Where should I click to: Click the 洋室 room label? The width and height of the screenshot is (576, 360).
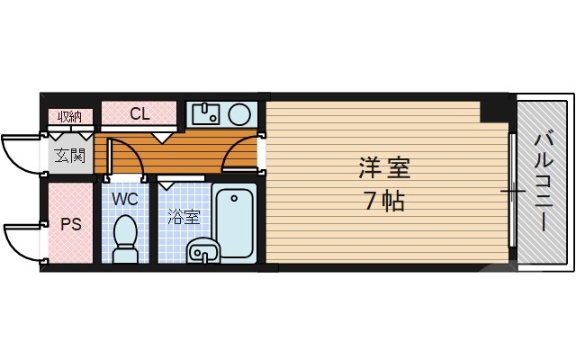click(x=384, y=167)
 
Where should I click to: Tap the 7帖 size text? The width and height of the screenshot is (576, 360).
click(x=384, y=200)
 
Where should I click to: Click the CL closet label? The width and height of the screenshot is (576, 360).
click(x=139, y=114)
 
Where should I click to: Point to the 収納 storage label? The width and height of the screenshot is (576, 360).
click(x=70, y=115)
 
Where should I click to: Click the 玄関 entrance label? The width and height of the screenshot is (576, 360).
click(x=69, y=155)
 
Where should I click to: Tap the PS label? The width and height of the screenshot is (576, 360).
click(x=70, y=223)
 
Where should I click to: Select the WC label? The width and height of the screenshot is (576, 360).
click(x=125, y=196)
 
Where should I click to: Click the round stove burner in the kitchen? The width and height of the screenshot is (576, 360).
click(x=239, y=113)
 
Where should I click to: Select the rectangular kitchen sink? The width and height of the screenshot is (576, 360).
click(x=206, y=113)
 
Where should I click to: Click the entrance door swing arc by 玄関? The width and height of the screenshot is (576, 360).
click(x=22, y=149)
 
